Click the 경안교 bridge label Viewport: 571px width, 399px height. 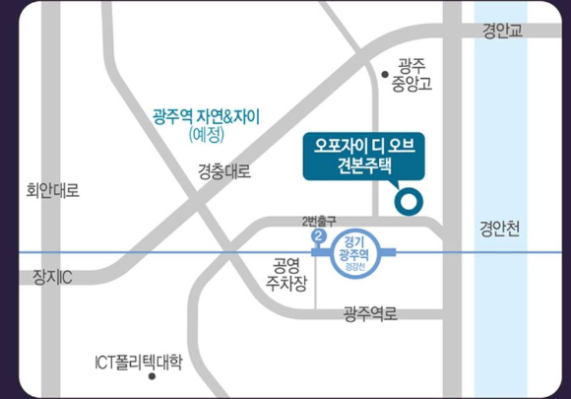click(x=502, y=33)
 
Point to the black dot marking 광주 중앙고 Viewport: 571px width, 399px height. click(x=385, y=73)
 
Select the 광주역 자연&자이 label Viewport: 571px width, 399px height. click(x=206, y=115)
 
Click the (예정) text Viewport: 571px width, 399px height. click(x=206, y=134)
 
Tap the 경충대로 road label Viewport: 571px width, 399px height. click(x=224, y=170)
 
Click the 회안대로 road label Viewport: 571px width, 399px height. click(x=52, y=189)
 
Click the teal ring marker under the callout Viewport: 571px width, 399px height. click(x=407, y=203)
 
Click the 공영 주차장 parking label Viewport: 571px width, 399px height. click(x=290, y=276)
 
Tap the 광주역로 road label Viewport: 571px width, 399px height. click(x=370, y=313)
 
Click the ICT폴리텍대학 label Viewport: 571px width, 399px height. click(x=138, y=362)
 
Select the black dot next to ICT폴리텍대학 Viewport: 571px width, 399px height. click(x=83, y=362)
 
